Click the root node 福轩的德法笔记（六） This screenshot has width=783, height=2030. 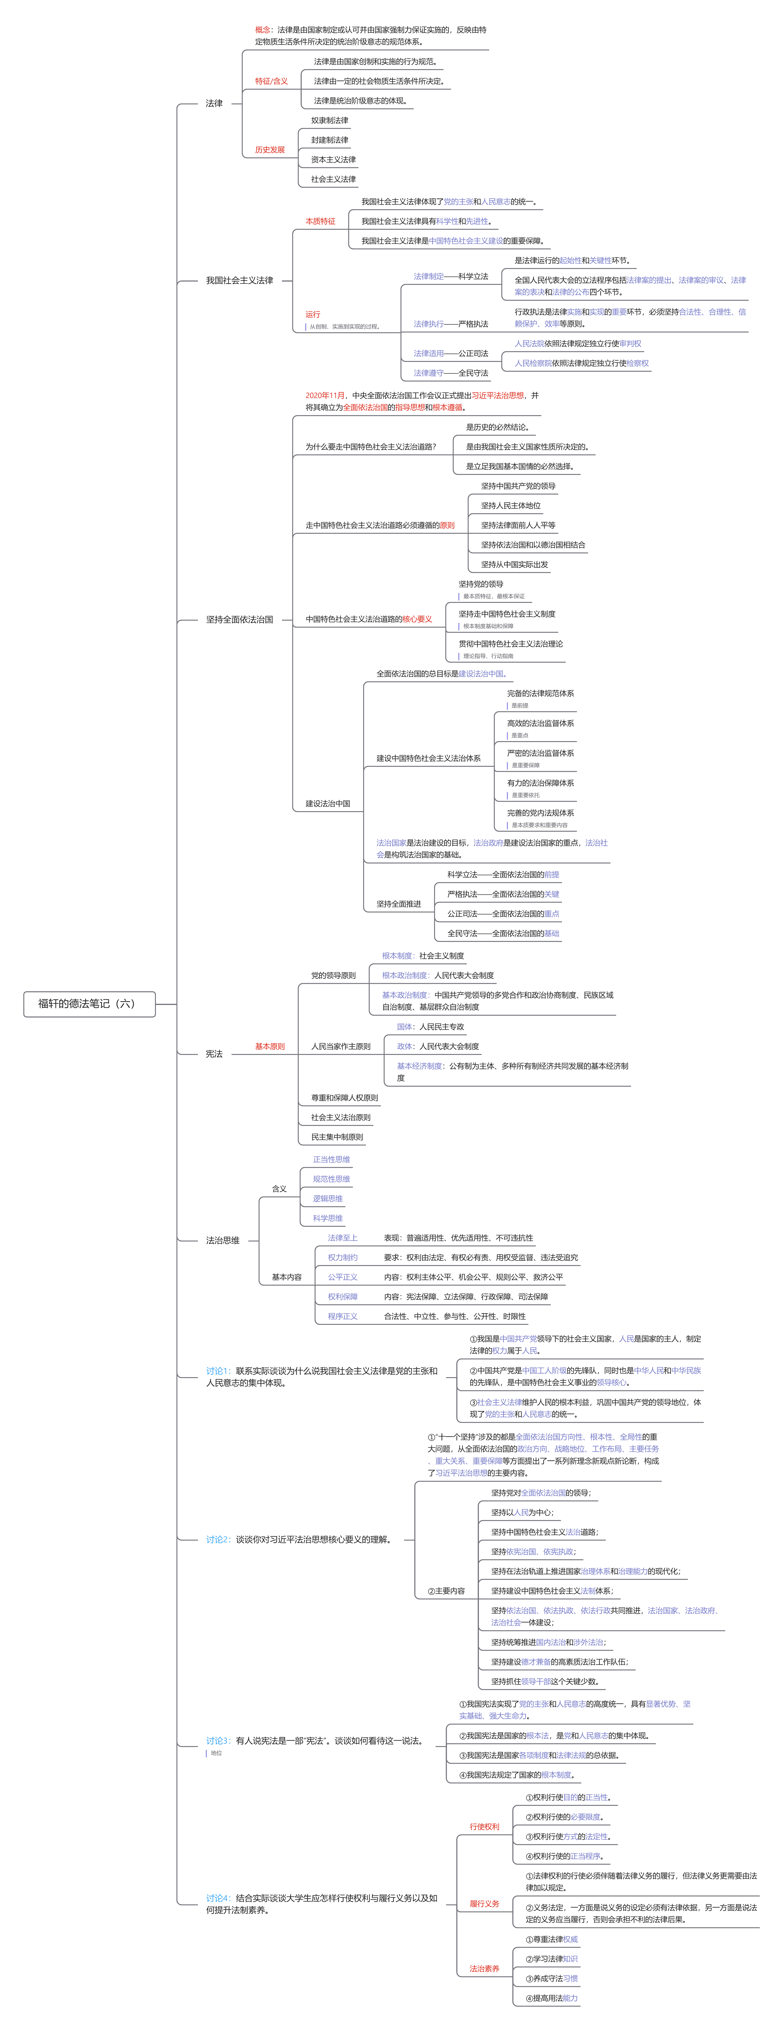[87, 1003]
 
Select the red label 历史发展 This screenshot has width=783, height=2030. [269, 150]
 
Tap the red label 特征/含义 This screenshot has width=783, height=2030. [271, 81]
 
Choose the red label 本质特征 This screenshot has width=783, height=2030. [320, 221]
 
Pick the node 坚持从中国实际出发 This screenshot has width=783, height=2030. [514, 564]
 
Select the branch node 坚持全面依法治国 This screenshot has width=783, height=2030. [239, 619]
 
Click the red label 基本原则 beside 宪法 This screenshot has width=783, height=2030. [269, 1047]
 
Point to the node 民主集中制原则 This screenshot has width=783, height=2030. [337, 1137]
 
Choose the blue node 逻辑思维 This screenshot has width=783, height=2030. [328, 1199]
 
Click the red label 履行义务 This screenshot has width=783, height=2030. [485, 1903]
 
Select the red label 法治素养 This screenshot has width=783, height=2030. [485, 1969]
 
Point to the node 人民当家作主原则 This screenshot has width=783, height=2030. [340, 1047]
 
